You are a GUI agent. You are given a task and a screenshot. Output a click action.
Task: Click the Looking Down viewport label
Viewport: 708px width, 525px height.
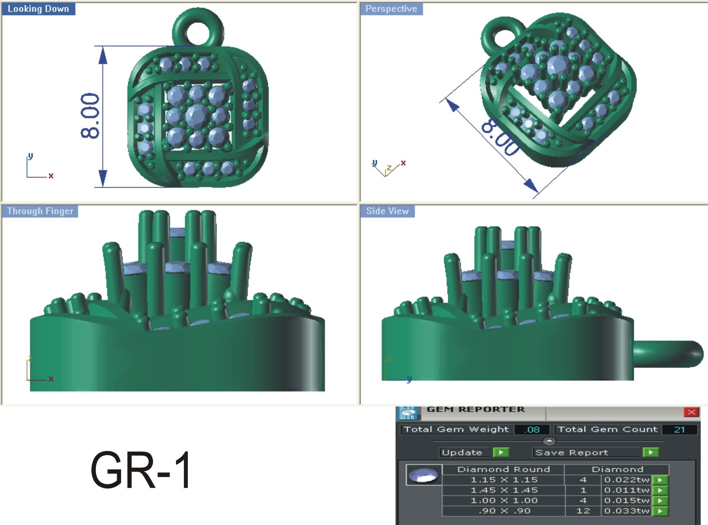pos(38,9)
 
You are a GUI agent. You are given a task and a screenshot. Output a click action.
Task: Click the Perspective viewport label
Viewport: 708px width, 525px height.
pos(391,9)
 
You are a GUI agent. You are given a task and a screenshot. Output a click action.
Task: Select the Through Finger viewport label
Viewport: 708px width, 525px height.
pos(40,211)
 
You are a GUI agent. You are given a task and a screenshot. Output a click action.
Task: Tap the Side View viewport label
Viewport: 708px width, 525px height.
pos(387,211)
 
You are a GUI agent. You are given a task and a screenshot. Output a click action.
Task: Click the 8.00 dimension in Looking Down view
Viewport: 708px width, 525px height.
pos(90,116)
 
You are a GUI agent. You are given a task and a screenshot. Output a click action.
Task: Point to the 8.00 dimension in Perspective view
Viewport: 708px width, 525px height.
pos(501,137)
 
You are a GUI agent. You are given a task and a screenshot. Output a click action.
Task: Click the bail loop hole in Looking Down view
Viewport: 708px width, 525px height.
pos(198,32)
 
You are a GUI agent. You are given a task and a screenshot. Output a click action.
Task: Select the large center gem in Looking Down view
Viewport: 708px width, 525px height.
pos(198,116)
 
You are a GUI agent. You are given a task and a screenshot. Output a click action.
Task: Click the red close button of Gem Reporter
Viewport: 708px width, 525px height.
pos(691,412)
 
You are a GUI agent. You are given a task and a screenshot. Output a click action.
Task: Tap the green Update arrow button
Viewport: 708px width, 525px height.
pos(501,452)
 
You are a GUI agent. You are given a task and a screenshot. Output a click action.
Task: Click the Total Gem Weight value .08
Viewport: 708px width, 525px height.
pos(532,430)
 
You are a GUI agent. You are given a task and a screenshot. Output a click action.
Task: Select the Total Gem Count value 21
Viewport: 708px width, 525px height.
pos(679,430)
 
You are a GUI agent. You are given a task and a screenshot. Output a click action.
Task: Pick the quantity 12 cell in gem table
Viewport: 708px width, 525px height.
pos(583,511)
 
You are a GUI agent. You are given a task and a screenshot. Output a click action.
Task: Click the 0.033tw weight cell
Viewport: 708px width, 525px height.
pos(626,511)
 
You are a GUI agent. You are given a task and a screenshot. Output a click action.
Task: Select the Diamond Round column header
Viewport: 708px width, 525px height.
pos(503,469)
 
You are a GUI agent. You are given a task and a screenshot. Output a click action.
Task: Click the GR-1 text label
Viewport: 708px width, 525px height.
pos(141,470)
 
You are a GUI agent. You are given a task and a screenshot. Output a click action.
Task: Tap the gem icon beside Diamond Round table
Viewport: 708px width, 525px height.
pos(424,475)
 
